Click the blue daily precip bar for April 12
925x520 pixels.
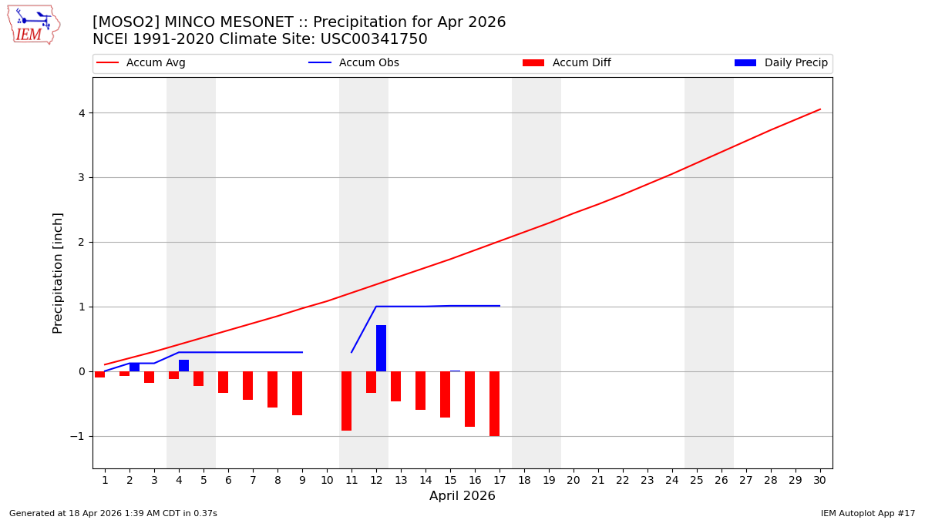381,348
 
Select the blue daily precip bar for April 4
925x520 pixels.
183,365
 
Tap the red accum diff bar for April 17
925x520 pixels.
494,404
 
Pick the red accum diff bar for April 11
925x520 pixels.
346,401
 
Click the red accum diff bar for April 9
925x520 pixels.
297,393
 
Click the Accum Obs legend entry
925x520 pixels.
354,63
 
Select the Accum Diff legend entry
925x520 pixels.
567,63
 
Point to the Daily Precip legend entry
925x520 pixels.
781,63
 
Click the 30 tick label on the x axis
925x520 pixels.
820,480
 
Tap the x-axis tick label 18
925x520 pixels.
524,480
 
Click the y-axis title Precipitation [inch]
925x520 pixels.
58,273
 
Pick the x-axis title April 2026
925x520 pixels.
462,496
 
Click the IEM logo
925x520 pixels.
33,24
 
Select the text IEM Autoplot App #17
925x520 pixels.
868,513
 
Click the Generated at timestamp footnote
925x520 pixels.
113,513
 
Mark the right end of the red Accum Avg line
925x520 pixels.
820,109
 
